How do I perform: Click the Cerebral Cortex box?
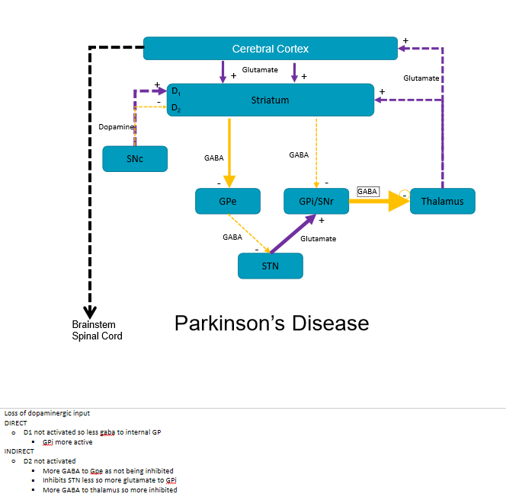click(x=270, y=49)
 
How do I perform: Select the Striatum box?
click(x=270, y=100)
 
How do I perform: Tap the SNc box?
click(x=135, y=159)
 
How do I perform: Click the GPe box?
click(x=228, y=202)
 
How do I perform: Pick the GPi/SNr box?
click(x=315, y=202)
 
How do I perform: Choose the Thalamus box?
click(x=442, y=202)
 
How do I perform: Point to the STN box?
click(x=271, y=266)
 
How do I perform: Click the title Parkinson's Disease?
click(x=271, y=323)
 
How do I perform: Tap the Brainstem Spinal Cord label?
click(x=97, y=330)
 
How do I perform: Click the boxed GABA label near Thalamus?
click(x=367, y=192)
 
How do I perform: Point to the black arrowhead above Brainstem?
click(x=90, y=311)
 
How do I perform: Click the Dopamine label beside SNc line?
click(x=116, y=127)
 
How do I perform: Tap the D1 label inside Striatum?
click(x=175, y=91)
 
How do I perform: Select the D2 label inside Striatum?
click(x=175, y=109)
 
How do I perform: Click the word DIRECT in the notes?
click(x=15, y=422)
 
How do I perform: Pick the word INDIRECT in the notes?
click(x=19, y=451)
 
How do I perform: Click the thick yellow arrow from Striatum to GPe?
click(x=229, y=152)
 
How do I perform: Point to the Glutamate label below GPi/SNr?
click(x=318, y=238)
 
